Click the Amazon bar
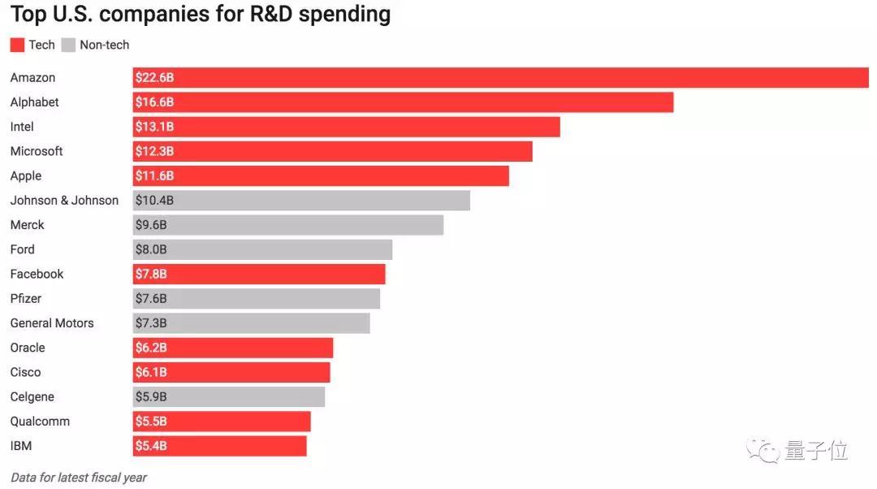(x=500, y=78)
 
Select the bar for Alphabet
(x=403, y=102)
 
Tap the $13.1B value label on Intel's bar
(x=154, y=127)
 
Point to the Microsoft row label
(x=37, y=151)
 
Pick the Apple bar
(x=321, y=176)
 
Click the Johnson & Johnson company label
(x=64, y=201)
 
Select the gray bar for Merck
(x=288, y=225)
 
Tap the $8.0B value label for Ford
(x=151, y=249)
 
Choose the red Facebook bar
(x=259, y=274)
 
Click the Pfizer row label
(x=26, y=298)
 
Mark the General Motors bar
(x=251, y=323)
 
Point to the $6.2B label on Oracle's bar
(x=151, y=348)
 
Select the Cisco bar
(x=231, y=372)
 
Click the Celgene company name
(x=32, y=396)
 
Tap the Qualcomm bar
(x=222, y=422)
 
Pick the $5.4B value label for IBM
(x=151, y=446)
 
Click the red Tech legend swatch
(x=17, y=45)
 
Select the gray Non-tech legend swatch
(x=68, y=45)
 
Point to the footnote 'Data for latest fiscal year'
(x=78, y=478)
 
